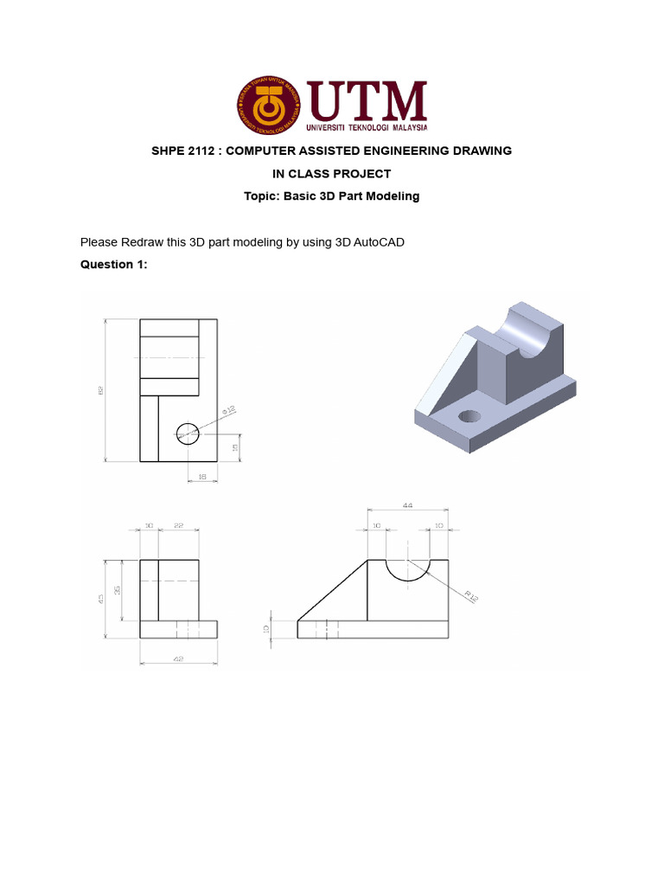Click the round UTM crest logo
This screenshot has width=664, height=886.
coord(270,107)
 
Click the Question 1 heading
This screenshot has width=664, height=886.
coord(114,265)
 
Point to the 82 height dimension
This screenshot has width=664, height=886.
coord(100,391)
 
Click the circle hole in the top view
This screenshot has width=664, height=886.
coord(188,433)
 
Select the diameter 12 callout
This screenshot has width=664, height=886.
coord(230,409)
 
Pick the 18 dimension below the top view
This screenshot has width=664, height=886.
coord(201,477)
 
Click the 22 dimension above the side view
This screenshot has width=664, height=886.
coord(178,525)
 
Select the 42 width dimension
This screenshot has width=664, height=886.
coord(178,659)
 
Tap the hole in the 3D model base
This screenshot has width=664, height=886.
coord(469,416)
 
